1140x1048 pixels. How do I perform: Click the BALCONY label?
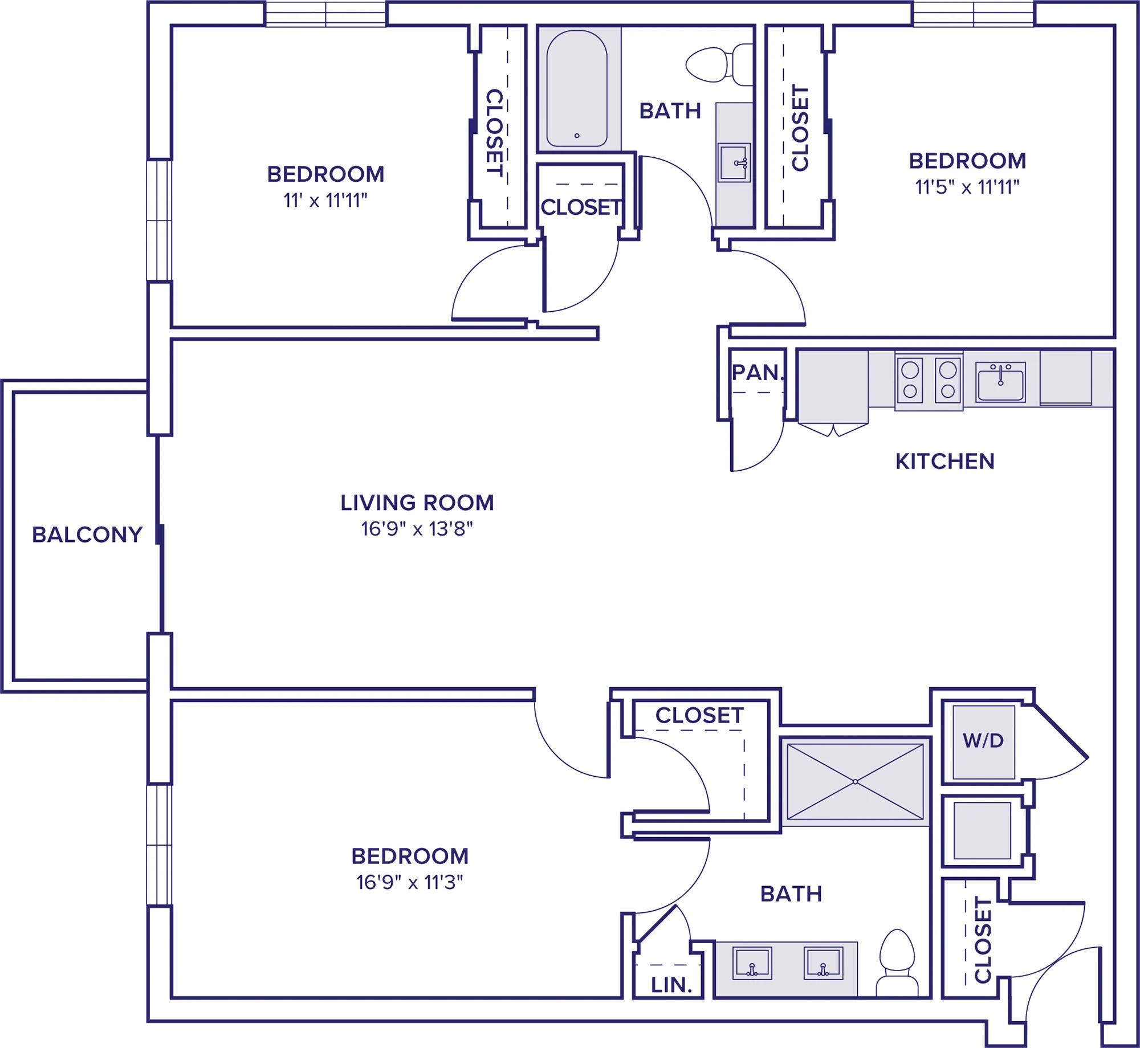[x=87, y=535]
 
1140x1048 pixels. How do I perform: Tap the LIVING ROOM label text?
[x=417, y=503]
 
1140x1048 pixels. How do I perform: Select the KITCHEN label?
[x=945, y=461]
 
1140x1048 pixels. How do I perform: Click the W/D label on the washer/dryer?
[x=983, y=740]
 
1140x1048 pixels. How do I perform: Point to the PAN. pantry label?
[x=758, y=372]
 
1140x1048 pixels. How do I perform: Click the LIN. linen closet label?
[x=671, y=985]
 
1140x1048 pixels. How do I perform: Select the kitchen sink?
[x=1000, y=382]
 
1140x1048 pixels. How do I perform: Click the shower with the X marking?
[x=855, y=781]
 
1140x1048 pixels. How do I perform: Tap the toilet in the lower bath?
[x=897, y=963]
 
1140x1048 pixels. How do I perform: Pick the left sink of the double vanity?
[x=752, y=963]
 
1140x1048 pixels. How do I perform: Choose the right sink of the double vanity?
[x=824, y=963]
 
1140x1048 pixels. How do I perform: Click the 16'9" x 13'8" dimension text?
[x=417, y=529]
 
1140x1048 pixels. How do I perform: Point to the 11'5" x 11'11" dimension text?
[x=967, y=187]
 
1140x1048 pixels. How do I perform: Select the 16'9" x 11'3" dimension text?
[x=410, y=883]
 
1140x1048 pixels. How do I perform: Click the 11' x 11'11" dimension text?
[x=325, y=201]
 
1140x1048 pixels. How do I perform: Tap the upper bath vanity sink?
[x=734, y=163]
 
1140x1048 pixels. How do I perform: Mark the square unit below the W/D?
[x=982, y=830]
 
